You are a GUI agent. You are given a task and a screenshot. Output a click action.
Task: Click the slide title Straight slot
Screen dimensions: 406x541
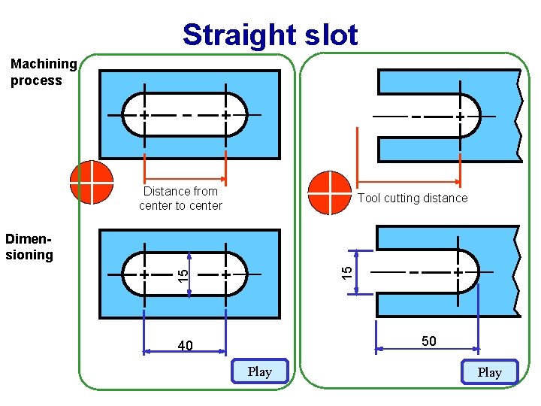pyautogui.click(x=270, y=35)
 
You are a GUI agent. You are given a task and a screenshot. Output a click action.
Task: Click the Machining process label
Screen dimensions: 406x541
pyautogui.click(x=43, y=72)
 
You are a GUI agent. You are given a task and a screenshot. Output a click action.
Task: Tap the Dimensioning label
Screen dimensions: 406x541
pyautogui.click(x=29, y=247)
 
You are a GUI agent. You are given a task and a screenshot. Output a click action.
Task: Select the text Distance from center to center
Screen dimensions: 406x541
pyautogui.click(x=181, y=198)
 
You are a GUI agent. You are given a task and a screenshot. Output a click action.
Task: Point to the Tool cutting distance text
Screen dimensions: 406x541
pyautogui.click(x=413, y=198)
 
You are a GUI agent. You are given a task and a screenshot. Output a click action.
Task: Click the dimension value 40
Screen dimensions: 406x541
pyautogui.click(x=186, y=346)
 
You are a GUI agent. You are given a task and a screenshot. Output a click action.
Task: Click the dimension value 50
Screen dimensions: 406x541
pyautogui.click(x=428, y=341)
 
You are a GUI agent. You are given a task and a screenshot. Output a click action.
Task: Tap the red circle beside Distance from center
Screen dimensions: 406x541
pyautogui.click(x=91, y=183)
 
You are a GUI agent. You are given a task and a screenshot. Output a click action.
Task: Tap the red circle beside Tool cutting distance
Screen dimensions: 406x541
pyautogui.click(x=329, y=193)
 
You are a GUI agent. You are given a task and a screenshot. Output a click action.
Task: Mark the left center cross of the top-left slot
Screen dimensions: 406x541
pyautogui.click(x=144, y=115)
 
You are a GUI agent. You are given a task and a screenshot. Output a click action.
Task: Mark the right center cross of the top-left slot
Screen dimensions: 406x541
pyautogui.click(x=225, y=115)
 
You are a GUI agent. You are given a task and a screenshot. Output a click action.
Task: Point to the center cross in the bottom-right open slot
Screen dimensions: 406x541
pyautogui.click(x=458, y=271)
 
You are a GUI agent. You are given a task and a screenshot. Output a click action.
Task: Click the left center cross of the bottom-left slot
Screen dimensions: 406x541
pyautogui.click(x=144, y=274)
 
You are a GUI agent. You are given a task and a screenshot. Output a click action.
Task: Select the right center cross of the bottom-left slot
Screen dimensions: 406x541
pyautogui.click(x=225, y=274)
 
